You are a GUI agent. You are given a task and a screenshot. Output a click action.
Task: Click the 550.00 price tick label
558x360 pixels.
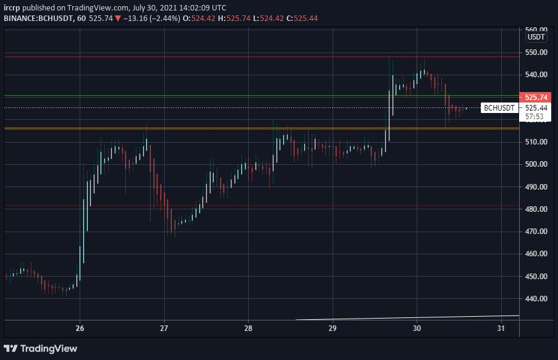click(536, 52)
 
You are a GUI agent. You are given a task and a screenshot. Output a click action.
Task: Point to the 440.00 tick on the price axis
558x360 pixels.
click(536, 299)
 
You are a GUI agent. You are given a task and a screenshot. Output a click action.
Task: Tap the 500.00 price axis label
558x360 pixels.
click(536, 164)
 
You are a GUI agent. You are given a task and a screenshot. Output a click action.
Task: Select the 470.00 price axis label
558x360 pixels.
click(536, 232)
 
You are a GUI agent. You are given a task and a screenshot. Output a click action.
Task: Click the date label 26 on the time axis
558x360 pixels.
click(80, 329)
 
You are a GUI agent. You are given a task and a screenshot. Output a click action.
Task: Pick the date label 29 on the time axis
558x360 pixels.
click(332, 329)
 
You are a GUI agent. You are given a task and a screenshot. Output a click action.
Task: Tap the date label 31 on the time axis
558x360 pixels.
click(501, 329)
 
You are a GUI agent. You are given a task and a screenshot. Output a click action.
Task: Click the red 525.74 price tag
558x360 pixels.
click(535, 97)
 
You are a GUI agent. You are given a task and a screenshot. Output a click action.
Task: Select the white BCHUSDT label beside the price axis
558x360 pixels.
click(499, 108)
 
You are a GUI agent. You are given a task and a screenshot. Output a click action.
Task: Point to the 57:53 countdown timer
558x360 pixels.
click(535, 117)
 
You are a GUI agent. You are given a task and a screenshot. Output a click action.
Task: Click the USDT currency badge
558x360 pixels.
click(536, 37)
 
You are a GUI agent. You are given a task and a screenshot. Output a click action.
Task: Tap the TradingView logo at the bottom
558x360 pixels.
click(40, 349)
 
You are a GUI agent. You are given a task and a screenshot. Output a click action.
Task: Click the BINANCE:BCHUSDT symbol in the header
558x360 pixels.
click(38, 19)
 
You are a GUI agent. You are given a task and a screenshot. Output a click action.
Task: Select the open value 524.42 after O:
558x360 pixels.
click(203, 19)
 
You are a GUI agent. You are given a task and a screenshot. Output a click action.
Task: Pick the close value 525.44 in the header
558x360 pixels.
click(306, 19)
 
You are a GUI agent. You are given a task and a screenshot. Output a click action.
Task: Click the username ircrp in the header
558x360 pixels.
click(12, 8)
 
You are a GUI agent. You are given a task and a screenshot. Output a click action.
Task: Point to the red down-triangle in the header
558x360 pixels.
click(118, 19)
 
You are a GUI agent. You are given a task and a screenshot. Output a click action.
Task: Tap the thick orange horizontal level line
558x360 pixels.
click(262, 128)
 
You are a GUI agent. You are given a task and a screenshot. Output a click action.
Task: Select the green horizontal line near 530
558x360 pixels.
click(262, 96)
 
